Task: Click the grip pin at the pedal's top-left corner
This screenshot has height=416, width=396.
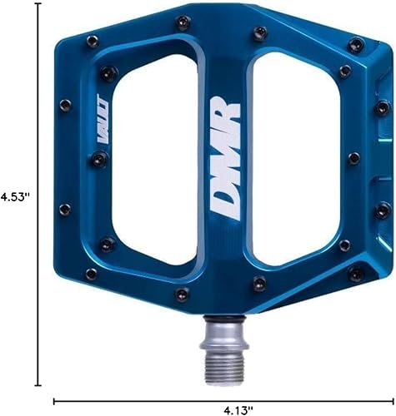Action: [x=93, y=39]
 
